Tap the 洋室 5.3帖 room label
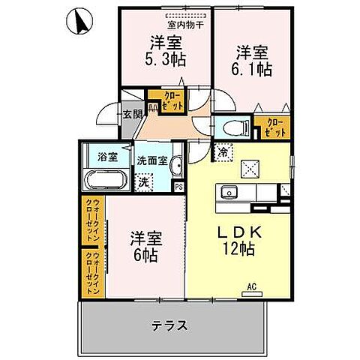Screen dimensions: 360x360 167,50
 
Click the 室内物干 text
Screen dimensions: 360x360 178,22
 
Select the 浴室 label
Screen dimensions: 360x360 107,157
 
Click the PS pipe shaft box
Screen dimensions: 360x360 178,187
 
